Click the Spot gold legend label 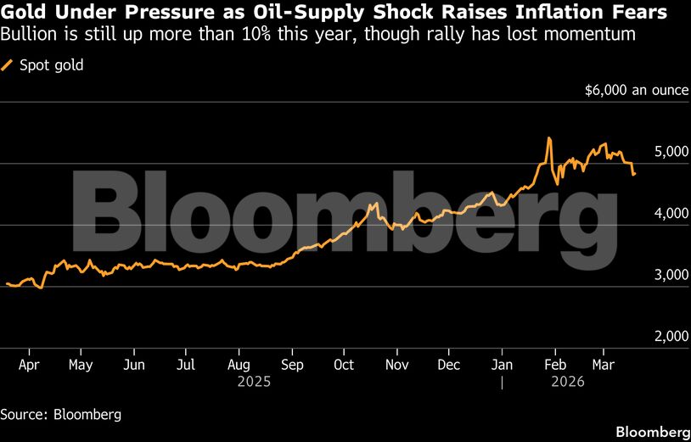tap(51, 64)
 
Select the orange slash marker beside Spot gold tap(8, 64)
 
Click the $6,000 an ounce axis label tap(637, 90)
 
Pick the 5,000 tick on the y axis tap(671, 152)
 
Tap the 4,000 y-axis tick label tap(671, 214)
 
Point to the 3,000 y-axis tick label tap(671, 275)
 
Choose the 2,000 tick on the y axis tap(671, 336)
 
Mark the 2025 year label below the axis tap(254, 383)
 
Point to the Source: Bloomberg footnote tap(60, 415)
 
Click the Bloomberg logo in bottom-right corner tap(651, 431)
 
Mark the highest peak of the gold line tap(549, 137)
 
